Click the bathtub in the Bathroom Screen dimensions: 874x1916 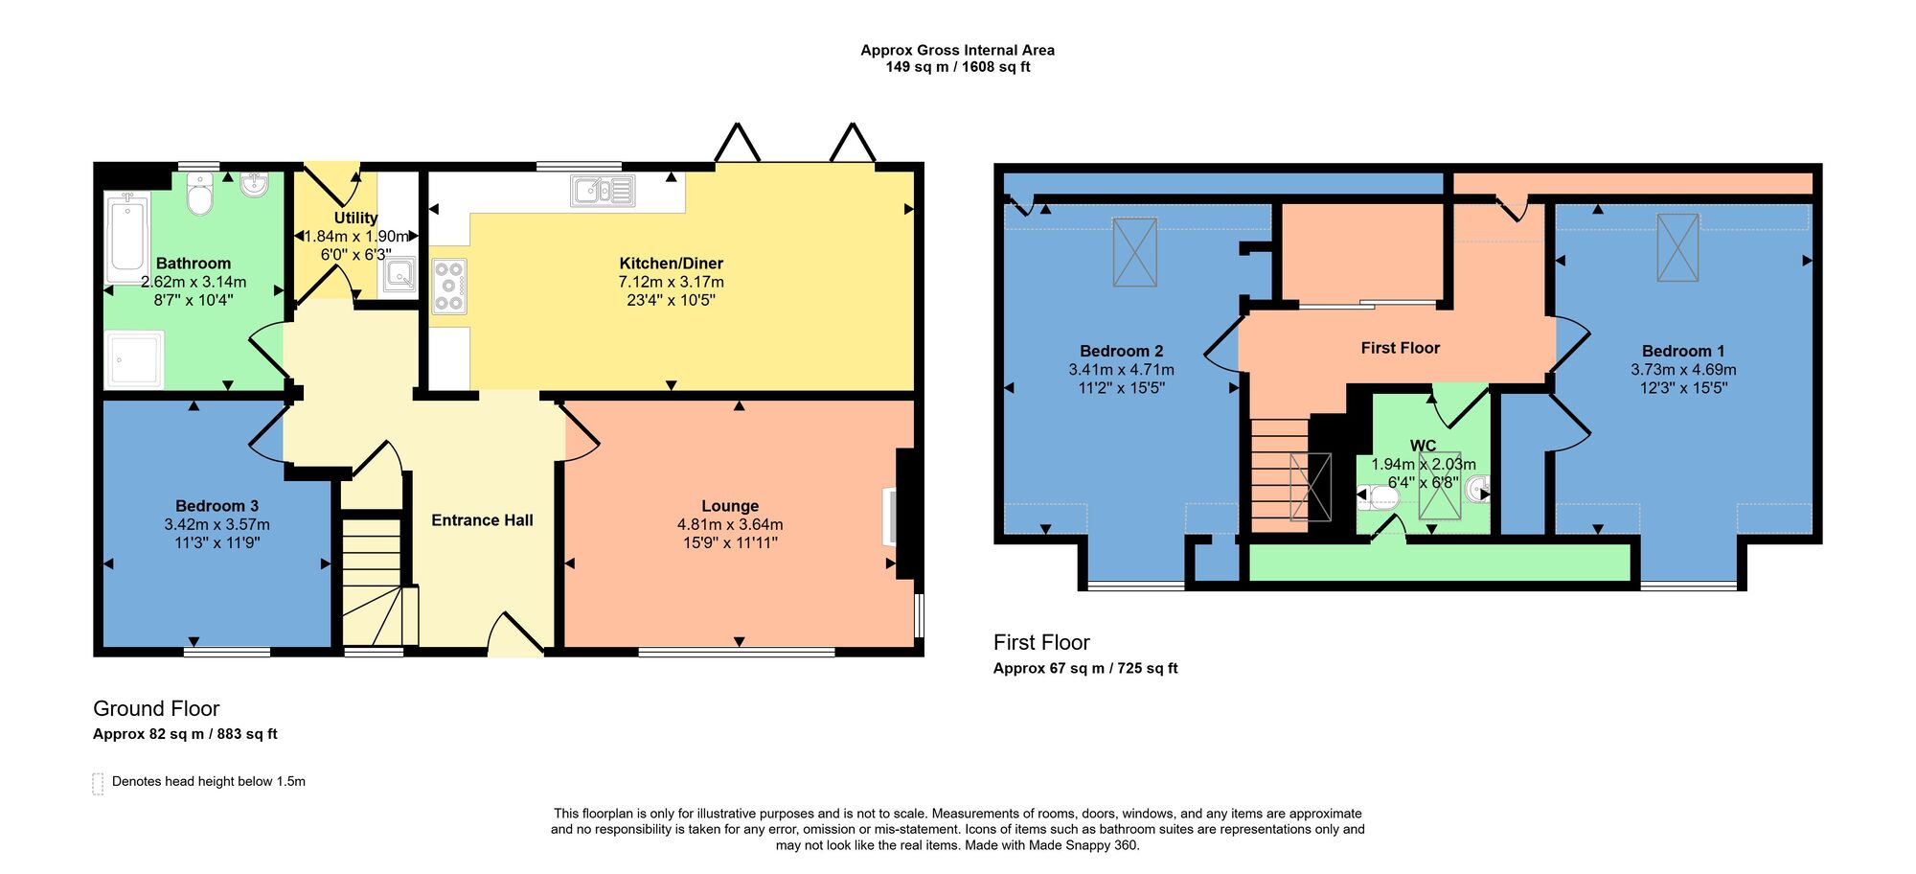pos(128,236)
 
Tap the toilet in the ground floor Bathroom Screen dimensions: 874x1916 pos(199,195)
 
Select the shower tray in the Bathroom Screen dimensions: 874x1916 pos(134,359)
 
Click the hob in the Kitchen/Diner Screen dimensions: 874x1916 pos(448,286)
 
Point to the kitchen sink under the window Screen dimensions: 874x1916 pos(603,191)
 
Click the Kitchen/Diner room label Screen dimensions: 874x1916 pos(671,264)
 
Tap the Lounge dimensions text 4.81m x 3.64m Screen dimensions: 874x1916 pos(730,524)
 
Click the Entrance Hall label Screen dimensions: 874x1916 pos(482,520)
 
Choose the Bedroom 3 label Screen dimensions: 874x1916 pos(217,506)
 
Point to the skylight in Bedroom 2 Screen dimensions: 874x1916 pos(1135,252)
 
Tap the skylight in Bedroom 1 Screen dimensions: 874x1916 pos(1677,247)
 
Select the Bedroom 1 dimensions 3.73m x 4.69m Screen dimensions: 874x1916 pos(1683,370)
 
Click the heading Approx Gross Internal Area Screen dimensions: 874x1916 pos(957,51)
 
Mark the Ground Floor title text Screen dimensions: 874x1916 pos(156,709)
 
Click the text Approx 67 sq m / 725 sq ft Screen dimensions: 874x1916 pos(1085,669)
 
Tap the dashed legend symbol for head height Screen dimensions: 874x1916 pos(98,783)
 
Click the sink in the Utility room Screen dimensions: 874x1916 pos(399,276)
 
